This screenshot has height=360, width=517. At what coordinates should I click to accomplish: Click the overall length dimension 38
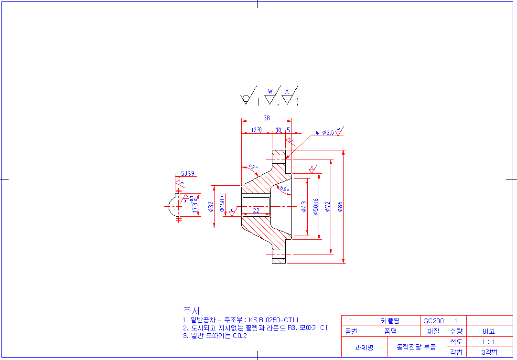click(267, 117)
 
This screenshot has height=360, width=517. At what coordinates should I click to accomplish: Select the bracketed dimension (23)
click(257, 130)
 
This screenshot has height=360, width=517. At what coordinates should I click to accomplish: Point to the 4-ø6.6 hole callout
click(324, 132)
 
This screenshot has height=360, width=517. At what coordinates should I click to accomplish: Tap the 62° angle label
click(253, 167)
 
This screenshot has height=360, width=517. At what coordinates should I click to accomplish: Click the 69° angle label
click(285, 189)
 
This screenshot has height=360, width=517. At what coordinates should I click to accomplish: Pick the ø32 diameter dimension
click(211, 206)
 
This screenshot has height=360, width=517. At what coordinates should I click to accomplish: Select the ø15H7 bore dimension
click(222, 203)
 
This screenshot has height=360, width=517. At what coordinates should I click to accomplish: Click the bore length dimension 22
click(256, 211)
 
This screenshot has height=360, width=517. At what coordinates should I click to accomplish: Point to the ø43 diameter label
click(304, 206)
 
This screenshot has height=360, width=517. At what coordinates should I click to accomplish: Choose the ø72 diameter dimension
click(328, 206)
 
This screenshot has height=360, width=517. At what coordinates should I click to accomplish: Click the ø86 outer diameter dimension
click(340, 206)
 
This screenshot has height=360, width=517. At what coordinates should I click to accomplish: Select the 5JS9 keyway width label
click(188, 174)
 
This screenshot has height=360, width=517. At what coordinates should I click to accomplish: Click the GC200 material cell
click(433, 321)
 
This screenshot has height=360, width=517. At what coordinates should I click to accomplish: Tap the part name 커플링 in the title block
click(390, 321)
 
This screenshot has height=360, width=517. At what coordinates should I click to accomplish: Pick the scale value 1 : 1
click(489, 342)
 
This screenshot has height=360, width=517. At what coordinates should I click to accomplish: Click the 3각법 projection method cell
click(489, 352)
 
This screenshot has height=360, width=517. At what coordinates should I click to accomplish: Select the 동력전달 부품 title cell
click(417, 347)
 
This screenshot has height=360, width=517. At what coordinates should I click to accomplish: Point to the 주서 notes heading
click(191, 311)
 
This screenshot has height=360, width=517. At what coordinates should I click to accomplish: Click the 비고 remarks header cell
click(489, 331)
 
